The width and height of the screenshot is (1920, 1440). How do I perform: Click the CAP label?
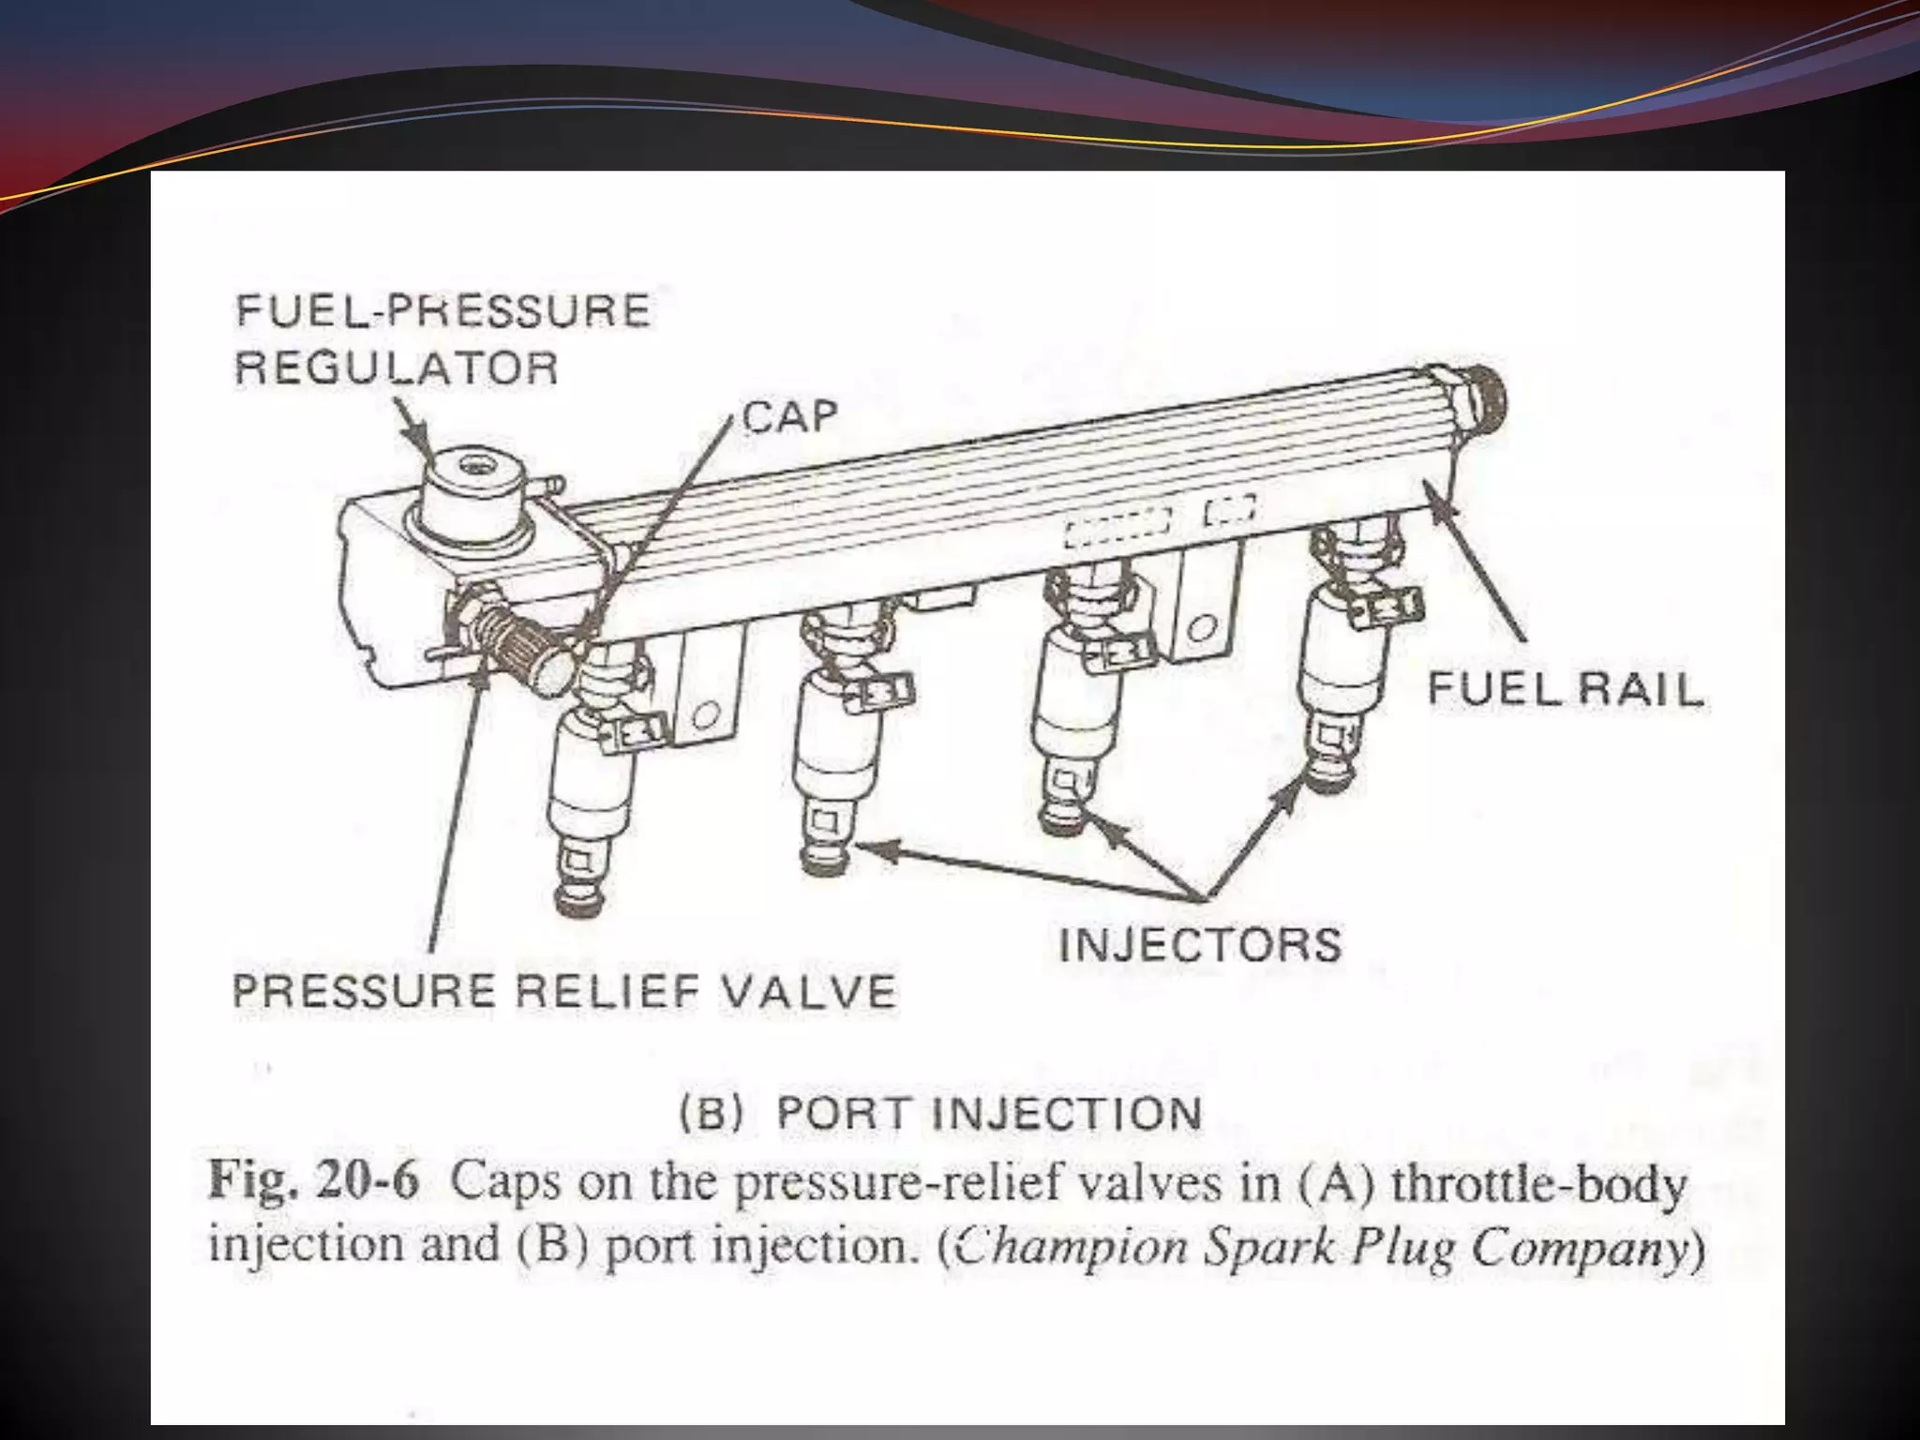click(789, 417)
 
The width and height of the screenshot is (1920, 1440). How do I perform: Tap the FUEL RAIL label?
click(1565, 690)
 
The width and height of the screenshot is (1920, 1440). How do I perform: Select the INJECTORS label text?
click(1200, 944)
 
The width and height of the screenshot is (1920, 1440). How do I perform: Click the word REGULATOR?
click(396, 367)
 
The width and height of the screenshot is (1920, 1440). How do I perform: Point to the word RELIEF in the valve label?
click(608, 992)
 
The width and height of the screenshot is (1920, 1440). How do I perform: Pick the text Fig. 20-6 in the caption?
click(313, 1179)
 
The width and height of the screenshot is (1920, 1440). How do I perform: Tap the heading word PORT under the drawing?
click(843, 1114)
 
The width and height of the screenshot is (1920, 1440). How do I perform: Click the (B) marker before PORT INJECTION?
click(712, 1114)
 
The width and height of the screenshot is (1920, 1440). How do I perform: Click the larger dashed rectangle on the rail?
click(1117, 528)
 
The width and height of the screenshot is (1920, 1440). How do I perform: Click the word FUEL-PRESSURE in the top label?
click(442, 311)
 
